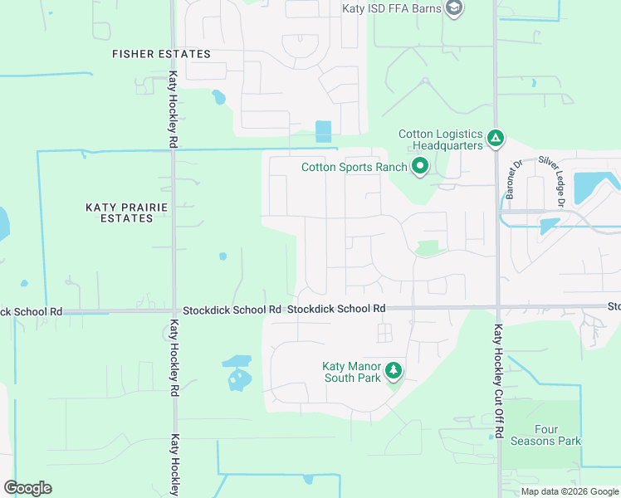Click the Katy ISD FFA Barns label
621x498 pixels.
click(391, 9)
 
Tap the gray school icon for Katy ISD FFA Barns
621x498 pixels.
click(453, 9)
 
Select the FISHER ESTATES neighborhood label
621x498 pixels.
click(161, 54)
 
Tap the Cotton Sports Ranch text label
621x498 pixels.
click(354, 167)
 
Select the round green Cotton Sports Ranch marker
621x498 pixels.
click(420, 167)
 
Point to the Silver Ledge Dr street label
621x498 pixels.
click(553, 180)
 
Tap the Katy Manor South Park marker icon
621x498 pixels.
click(394, 370)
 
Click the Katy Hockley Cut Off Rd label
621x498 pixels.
click(498, 381)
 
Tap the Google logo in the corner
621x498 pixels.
click(28, 487)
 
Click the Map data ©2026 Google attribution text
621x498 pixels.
click(570, 491)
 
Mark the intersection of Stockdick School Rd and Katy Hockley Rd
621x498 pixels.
click(174, 311)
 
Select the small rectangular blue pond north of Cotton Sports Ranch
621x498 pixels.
click(323, 131)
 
